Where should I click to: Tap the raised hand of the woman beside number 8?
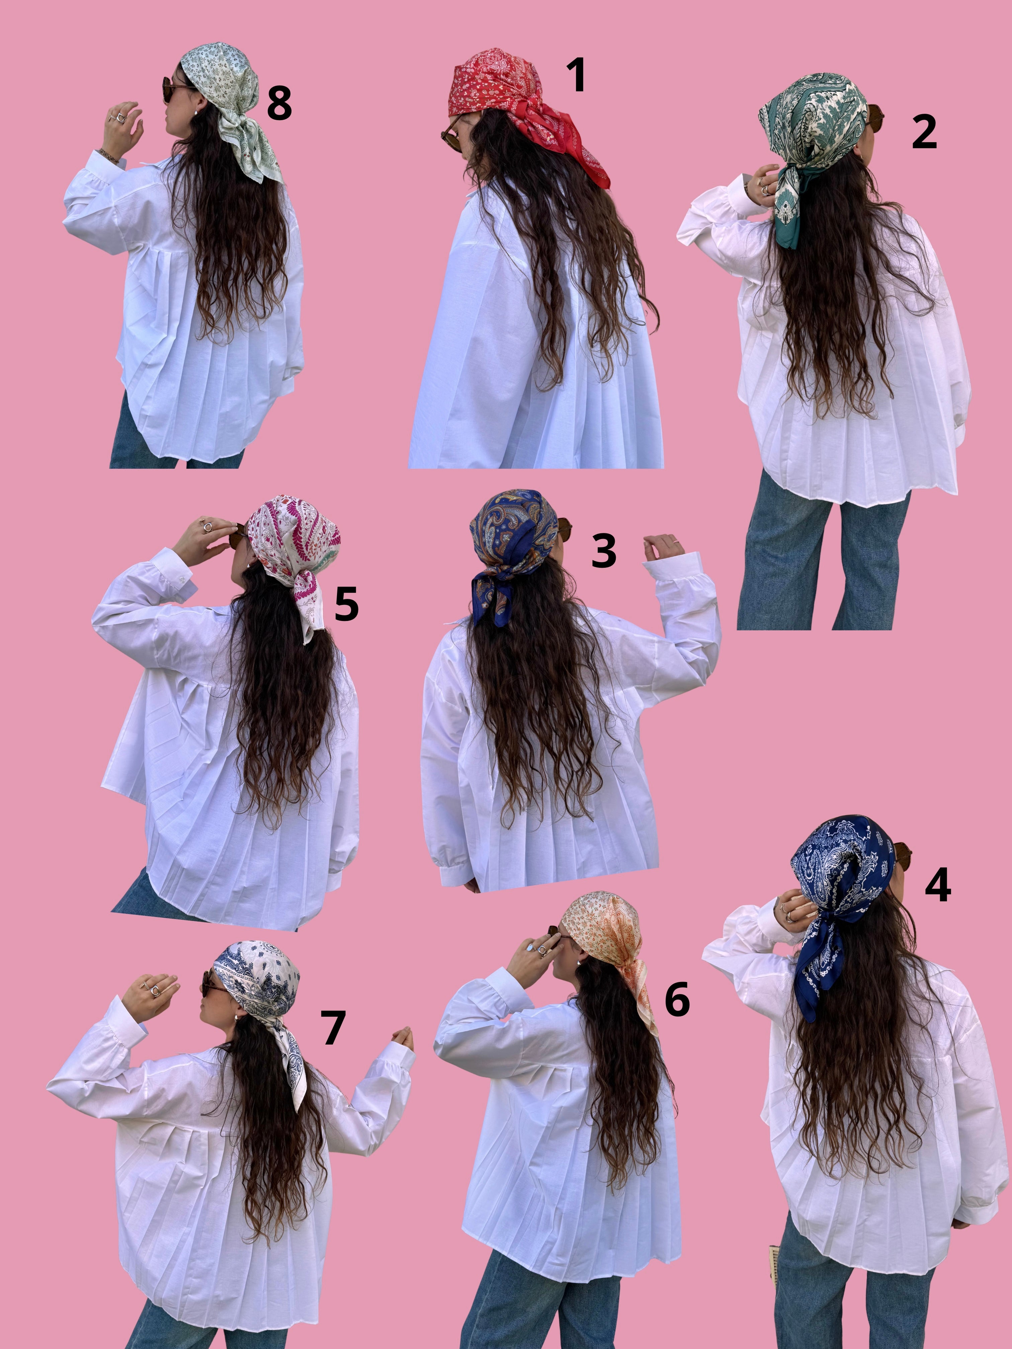(x=125, y=119)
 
